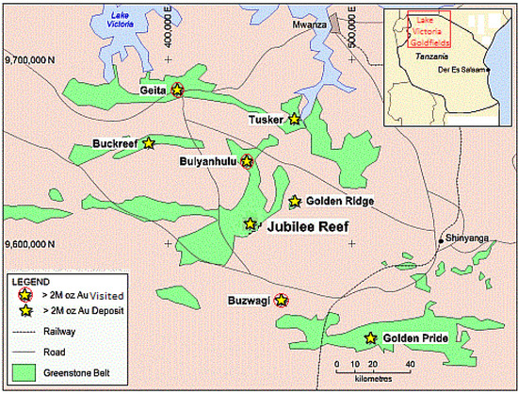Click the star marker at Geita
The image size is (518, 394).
pos(177,90)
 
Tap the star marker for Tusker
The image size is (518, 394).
pos(295,119)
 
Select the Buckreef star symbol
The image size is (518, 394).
pos(148,143)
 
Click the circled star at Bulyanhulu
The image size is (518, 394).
pos(247,161)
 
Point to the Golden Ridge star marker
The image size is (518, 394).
pos(295,201)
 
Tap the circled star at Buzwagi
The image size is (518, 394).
pos(281,301)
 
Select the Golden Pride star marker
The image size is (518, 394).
pos(370,337)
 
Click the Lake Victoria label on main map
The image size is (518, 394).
pos(120,20)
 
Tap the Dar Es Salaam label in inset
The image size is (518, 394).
pos(463,70)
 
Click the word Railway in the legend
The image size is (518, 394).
pos(58,331)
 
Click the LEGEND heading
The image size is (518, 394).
pos(29,281)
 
